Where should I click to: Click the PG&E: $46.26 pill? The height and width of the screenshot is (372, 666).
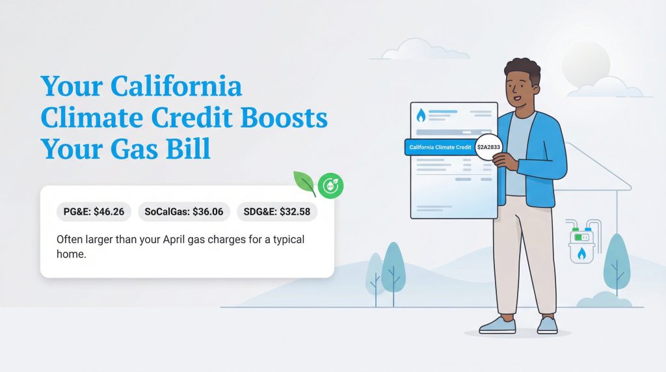[x=94, y=211]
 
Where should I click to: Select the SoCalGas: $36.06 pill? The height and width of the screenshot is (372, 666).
[x=183, y=211]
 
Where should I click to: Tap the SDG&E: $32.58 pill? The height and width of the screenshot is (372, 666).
[x=276, y=211]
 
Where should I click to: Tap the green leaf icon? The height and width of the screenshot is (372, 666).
[x=304, y=183]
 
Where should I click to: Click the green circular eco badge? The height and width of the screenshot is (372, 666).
[x=330, y=186]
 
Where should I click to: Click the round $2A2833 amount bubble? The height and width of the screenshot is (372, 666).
[x=488, y=148]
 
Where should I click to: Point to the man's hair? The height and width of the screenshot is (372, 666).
[x=522, y=71]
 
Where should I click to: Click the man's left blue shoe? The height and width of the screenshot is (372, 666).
[x=498, y=324]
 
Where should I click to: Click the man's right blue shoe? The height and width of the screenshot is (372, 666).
[x=547, y=325]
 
